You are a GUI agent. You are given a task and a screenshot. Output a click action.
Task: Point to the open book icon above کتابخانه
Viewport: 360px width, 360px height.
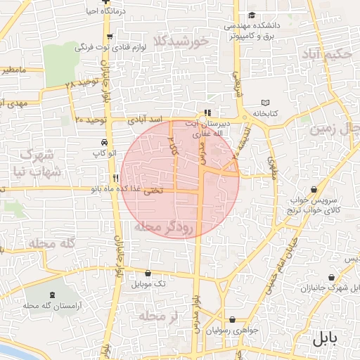[x=264, y=102]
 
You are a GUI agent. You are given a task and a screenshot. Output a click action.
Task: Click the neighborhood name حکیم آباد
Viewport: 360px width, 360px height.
[x=325, y=54]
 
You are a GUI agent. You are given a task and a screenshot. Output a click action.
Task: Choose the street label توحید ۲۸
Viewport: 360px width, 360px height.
[x=79, y=84]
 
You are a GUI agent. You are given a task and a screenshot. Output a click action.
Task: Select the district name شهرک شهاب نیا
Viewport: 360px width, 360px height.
[x=34, y=162]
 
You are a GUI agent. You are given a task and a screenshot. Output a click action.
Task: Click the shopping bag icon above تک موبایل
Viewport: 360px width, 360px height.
[x=148, y=273]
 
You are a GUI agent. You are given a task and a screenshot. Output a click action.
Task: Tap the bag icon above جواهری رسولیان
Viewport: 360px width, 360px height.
[x=223, y=318]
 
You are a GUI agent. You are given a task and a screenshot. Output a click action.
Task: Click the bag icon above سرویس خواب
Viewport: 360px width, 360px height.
[x=313, y=189]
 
